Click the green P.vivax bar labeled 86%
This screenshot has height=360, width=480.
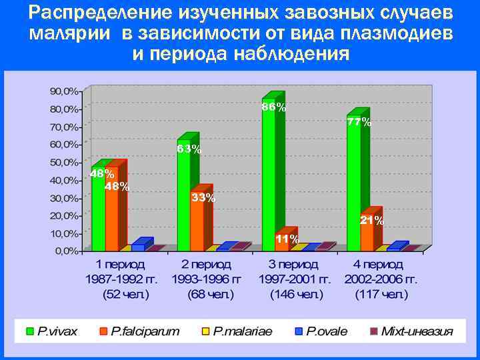pos(269,180)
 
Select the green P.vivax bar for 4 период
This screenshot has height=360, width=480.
pos(353,187)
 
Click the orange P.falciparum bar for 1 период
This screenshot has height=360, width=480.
pos(111,213)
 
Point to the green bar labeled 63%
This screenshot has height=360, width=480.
pos(183,200)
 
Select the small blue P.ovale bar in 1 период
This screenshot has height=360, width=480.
pos(138,247)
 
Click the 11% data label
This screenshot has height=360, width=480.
pos(287,239)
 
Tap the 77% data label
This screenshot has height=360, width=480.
pos(359,122)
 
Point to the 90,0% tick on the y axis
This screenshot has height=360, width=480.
pos(64,91)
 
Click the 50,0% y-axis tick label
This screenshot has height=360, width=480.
pos(64,162)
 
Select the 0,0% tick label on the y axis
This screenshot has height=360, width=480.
pos(67,251)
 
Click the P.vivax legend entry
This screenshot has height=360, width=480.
pos(57,331)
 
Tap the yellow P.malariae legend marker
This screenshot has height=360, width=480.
pos(206,331)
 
